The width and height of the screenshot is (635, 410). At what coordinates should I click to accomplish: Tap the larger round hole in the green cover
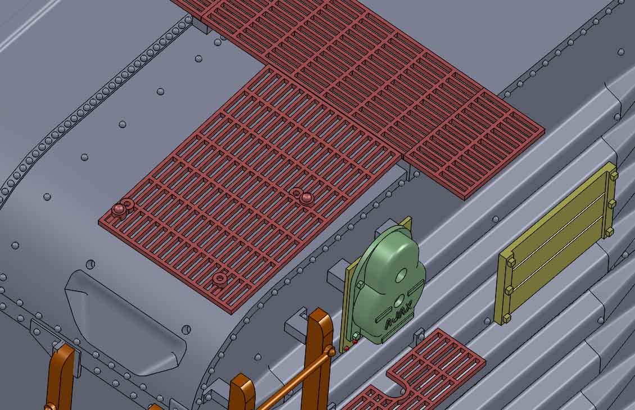coord(402,276)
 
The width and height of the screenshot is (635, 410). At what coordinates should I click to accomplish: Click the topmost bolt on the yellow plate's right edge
coord(613,175)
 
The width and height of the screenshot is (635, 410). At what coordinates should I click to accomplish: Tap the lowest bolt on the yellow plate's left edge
coord(506,318)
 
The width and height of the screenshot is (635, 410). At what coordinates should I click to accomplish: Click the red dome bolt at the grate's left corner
coord(119,209)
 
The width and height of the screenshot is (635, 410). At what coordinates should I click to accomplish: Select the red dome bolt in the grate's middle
coord(306,198)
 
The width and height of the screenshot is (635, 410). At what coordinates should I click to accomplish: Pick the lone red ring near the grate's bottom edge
coord(220,278)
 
